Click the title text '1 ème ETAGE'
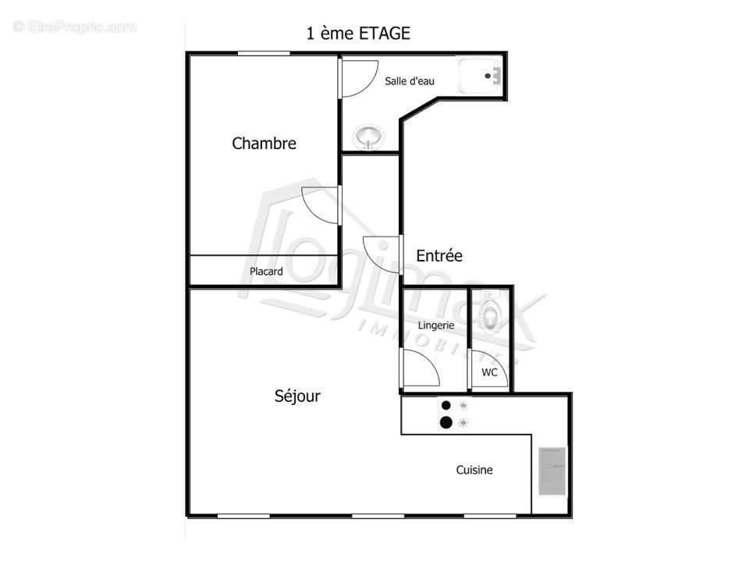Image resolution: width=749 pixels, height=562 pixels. pyautogui.click(x=358, y=34)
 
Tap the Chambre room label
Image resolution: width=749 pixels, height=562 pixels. pyautogui.click(x=264, y=144)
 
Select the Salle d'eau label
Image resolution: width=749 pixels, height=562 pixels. pyautogui.click(x=410, y=81)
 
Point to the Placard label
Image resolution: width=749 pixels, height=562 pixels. pyautogui.click(x=266, y=272)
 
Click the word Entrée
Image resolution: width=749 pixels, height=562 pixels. pyautogui.click(x=439, y=256)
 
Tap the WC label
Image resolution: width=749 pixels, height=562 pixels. pyautogui.click(x=489, y=372)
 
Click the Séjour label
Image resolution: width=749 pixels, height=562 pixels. pyautogui.click(x=297, y=397)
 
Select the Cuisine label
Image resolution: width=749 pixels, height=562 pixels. pyautogui.click(x=474, y=470)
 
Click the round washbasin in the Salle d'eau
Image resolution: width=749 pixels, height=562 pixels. pyautogui.click(x=368, y=137)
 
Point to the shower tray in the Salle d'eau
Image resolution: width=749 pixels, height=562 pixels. pyautogui.click(x=480, y=75)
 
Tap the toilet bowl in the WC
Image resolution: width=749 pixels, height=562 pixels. pyautogui.click(x=490, y=316)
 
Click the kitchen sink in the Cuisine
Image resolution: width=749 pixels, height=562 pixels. pyautogui.click(x=552, y=471)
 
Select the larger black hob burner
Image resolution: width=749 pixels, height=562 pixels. pyautogui.click(x=445, y=423)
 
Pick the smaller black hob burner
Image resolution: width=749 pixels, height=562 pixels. pyautogui.click(x=445, y=405)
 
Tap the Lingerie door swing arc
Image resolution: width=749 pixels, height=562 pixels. pyautogui.click(x=421, y=367)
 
